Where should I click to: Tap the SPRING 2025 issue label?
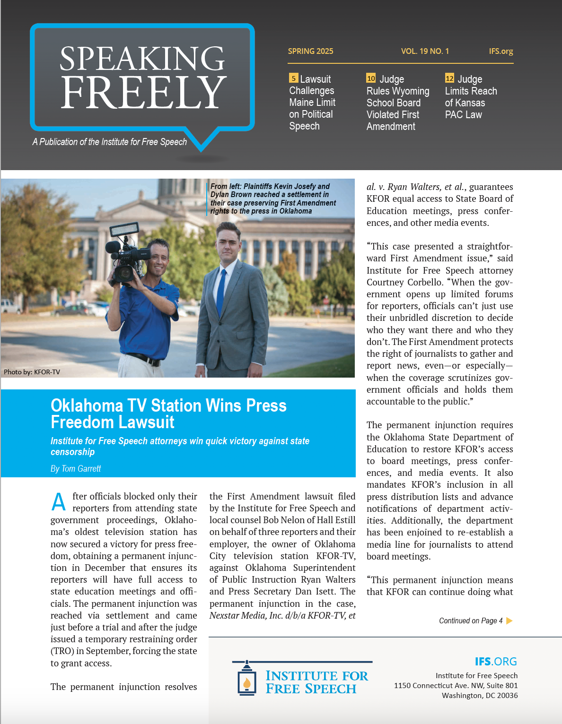(310, 51)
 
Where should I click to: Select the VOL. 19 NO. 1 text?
(425, 51)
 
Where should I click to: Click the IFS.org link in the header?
(501, 51)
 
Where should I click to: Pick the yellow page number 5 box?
(293, 78)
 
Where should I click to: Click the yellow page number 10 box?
(371, 78)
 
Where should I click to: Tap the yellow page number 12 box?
(449, 78)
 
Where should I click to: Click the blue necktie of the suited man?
(221, 293)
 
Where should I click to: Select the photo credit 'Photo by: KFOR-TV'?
(32, 372)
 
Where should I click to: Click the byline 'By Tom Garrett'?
(76, 468)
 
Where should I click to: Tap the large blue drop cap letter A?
(59, 502)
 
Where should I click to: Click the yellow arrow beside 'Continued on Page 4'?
(509, 621)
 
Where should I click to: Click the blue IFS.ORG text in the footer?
(495, 661)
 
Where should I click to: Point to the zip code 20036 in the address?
(507, 695)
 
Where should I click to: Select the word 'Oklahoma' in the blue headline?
(87, 405)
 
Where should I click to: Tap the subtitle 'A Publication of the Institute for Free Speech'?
(110, 142)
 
